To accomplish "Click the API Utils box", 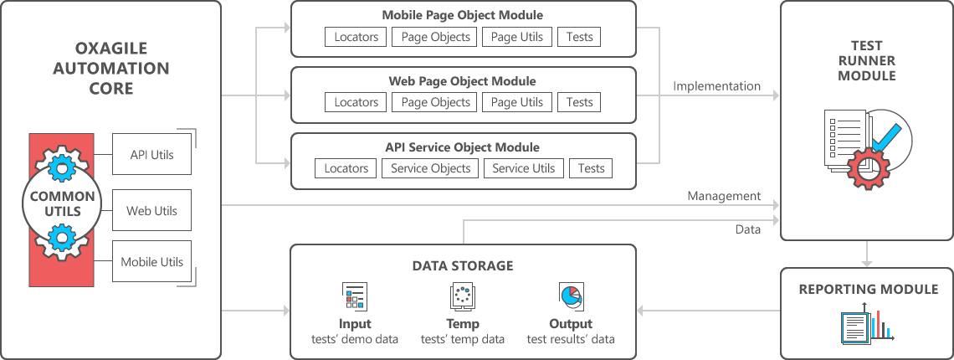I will point(151,155).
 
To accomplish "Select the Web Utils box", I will point(151,211).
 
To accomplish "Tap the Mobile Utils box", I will point(151,262).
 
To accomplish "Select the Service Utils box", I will point(523,168).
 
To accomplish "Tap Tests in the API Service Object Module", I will point(591,168).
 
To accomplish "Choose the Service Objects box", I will point(430,168).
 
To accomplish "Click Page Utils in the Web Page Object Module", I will point(516,102).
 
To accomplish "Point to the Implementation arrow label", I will point(717,86).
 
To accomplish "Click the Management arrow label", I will point(724,196).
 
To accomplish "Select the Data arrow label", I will point(748,229).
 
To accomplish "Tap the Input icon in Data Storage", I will point(355,296).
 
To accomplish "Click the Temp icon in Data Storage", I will point(463,296).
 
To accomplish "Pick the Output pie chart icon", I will point(570,296).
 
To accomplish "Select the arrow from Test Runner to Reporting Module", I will point(868,253).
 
